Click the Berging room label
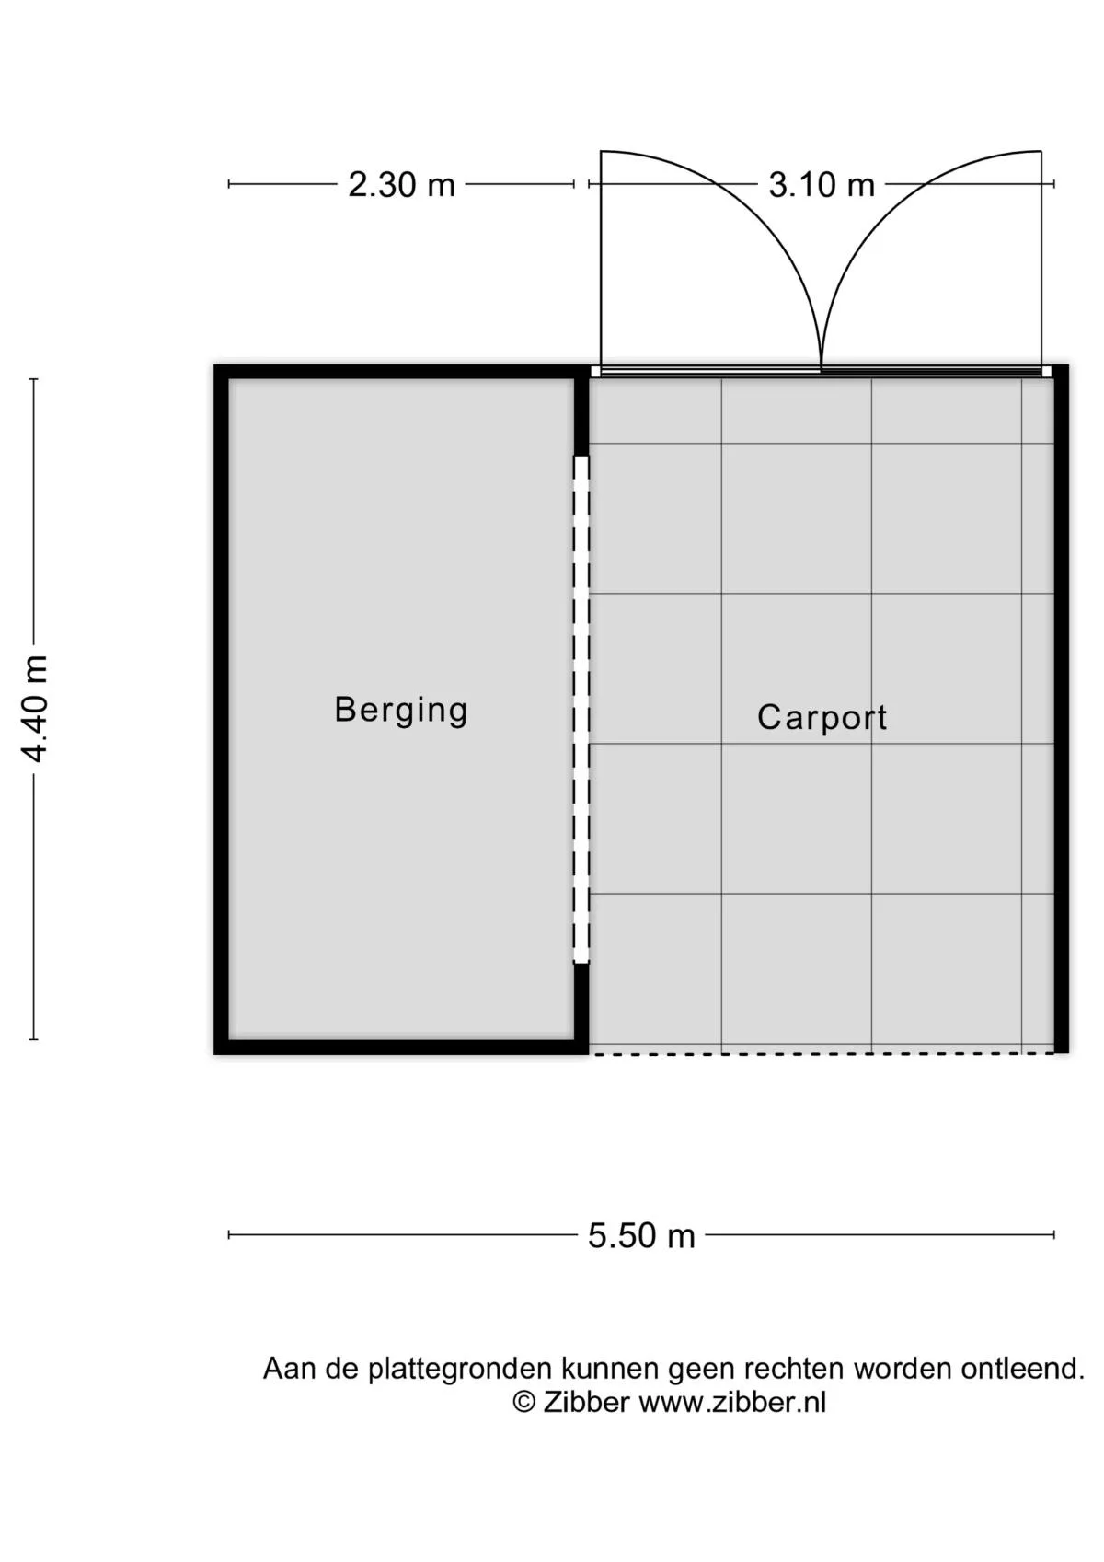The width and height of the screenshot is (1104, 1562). coord(401,711)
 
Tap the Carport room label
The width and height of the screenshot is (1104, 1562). coord(822,718)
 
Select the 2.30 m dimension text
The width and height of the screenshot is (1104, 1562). coord(401,186)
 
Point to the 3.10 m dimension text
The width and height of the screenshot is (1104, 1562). coord(822,186)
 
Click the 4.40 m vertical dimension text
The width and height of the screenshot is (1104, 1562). coord(34,709)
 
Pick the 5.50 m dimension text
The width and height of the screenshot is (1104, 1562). coord(641,1236)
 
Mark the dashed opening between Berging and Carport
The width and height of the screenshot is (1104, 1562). coord(581,710)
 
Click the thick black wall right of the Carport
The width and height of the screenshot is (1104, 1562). coord(1061,709)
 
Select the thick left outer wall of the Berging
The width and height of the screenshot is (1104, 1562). coord(221,709)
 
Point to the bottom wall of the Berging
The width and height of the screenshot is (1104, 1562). coord(401,1047)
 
